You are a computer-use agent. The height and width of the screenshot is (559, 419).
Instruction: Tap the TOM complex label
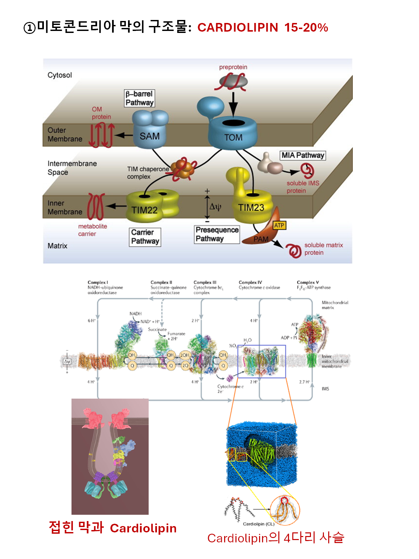(x=233, y=137)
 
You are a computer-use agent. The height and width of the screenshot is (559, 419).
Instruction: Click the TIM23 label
(x=251, y=208)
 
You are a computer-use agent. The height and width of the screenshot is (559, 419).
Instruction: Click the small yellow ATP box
(x=279, y=226)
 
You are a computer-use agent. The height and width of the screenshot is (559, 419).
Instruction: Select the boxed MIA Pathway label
(x=303, y=155)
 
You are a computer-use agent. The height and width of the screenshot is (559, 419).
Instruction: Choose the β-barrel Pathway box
(x=139, y=98)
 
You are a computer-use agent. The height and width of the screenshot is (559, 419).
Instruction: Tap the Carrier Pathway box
(x=145, y=237)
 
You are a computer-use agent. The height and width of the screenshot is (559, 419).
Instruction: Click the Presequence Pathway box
(x=217, y=234)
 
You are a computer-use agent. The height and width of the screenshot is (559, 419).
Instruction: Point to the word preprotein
(x=233, y=67)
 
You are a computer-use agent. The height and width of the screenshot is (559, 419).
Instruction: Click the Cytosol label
(x=60, y=75)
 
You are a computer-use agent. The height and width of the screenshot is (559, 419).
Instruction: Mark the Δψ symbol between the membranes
(x=215, y=207)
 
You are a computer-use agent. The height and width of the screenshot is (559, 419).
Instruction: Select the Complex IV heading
(x=250, y=282)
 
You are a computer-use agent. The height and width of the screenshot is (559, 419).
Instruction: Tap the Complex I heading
(x=98, y=282)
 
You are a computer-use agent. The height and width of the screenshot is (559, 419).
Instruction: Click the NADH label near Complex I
(x=135, y=314)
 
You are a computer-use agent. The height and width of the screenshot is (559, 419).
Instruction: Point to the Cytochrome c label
(x=230, y=387)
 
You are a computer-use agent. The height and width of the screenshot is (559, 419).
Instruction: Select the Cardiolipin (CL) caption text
(x=259, y=524)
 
